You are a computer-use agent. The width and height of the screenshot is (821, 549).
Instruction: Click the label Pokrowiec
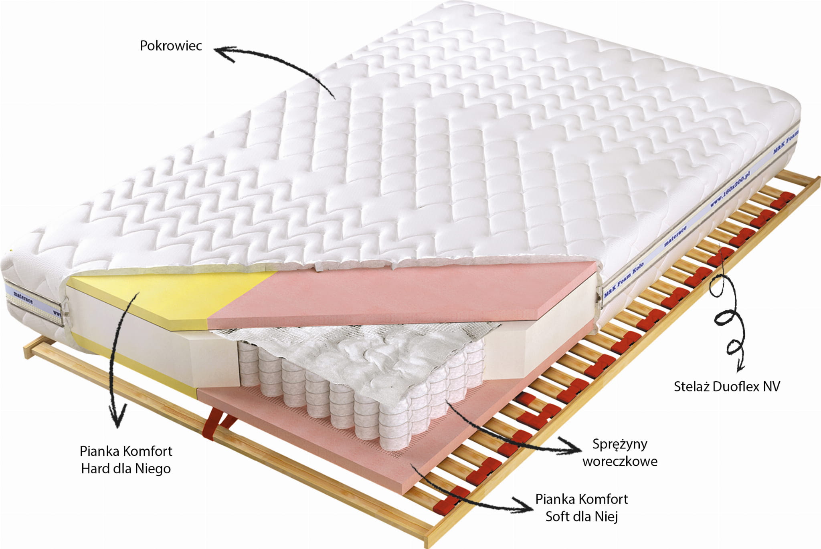tap(171, 46)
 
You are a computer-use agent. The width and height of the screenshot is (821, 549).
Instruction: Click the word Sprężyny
tap(620, 444)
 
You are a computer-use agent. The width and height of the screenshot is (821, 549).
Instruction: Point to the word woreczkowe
tap(620, 462)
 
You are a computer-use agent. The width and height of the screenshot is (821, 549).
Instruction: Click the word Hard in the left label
tap(95, 469)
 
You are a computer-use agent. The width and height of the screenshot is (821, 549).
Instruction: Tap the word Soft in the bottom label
tap(558, 517)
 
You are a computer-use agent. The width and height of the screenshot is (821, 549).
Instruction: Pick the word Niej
tap(606, 517)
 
